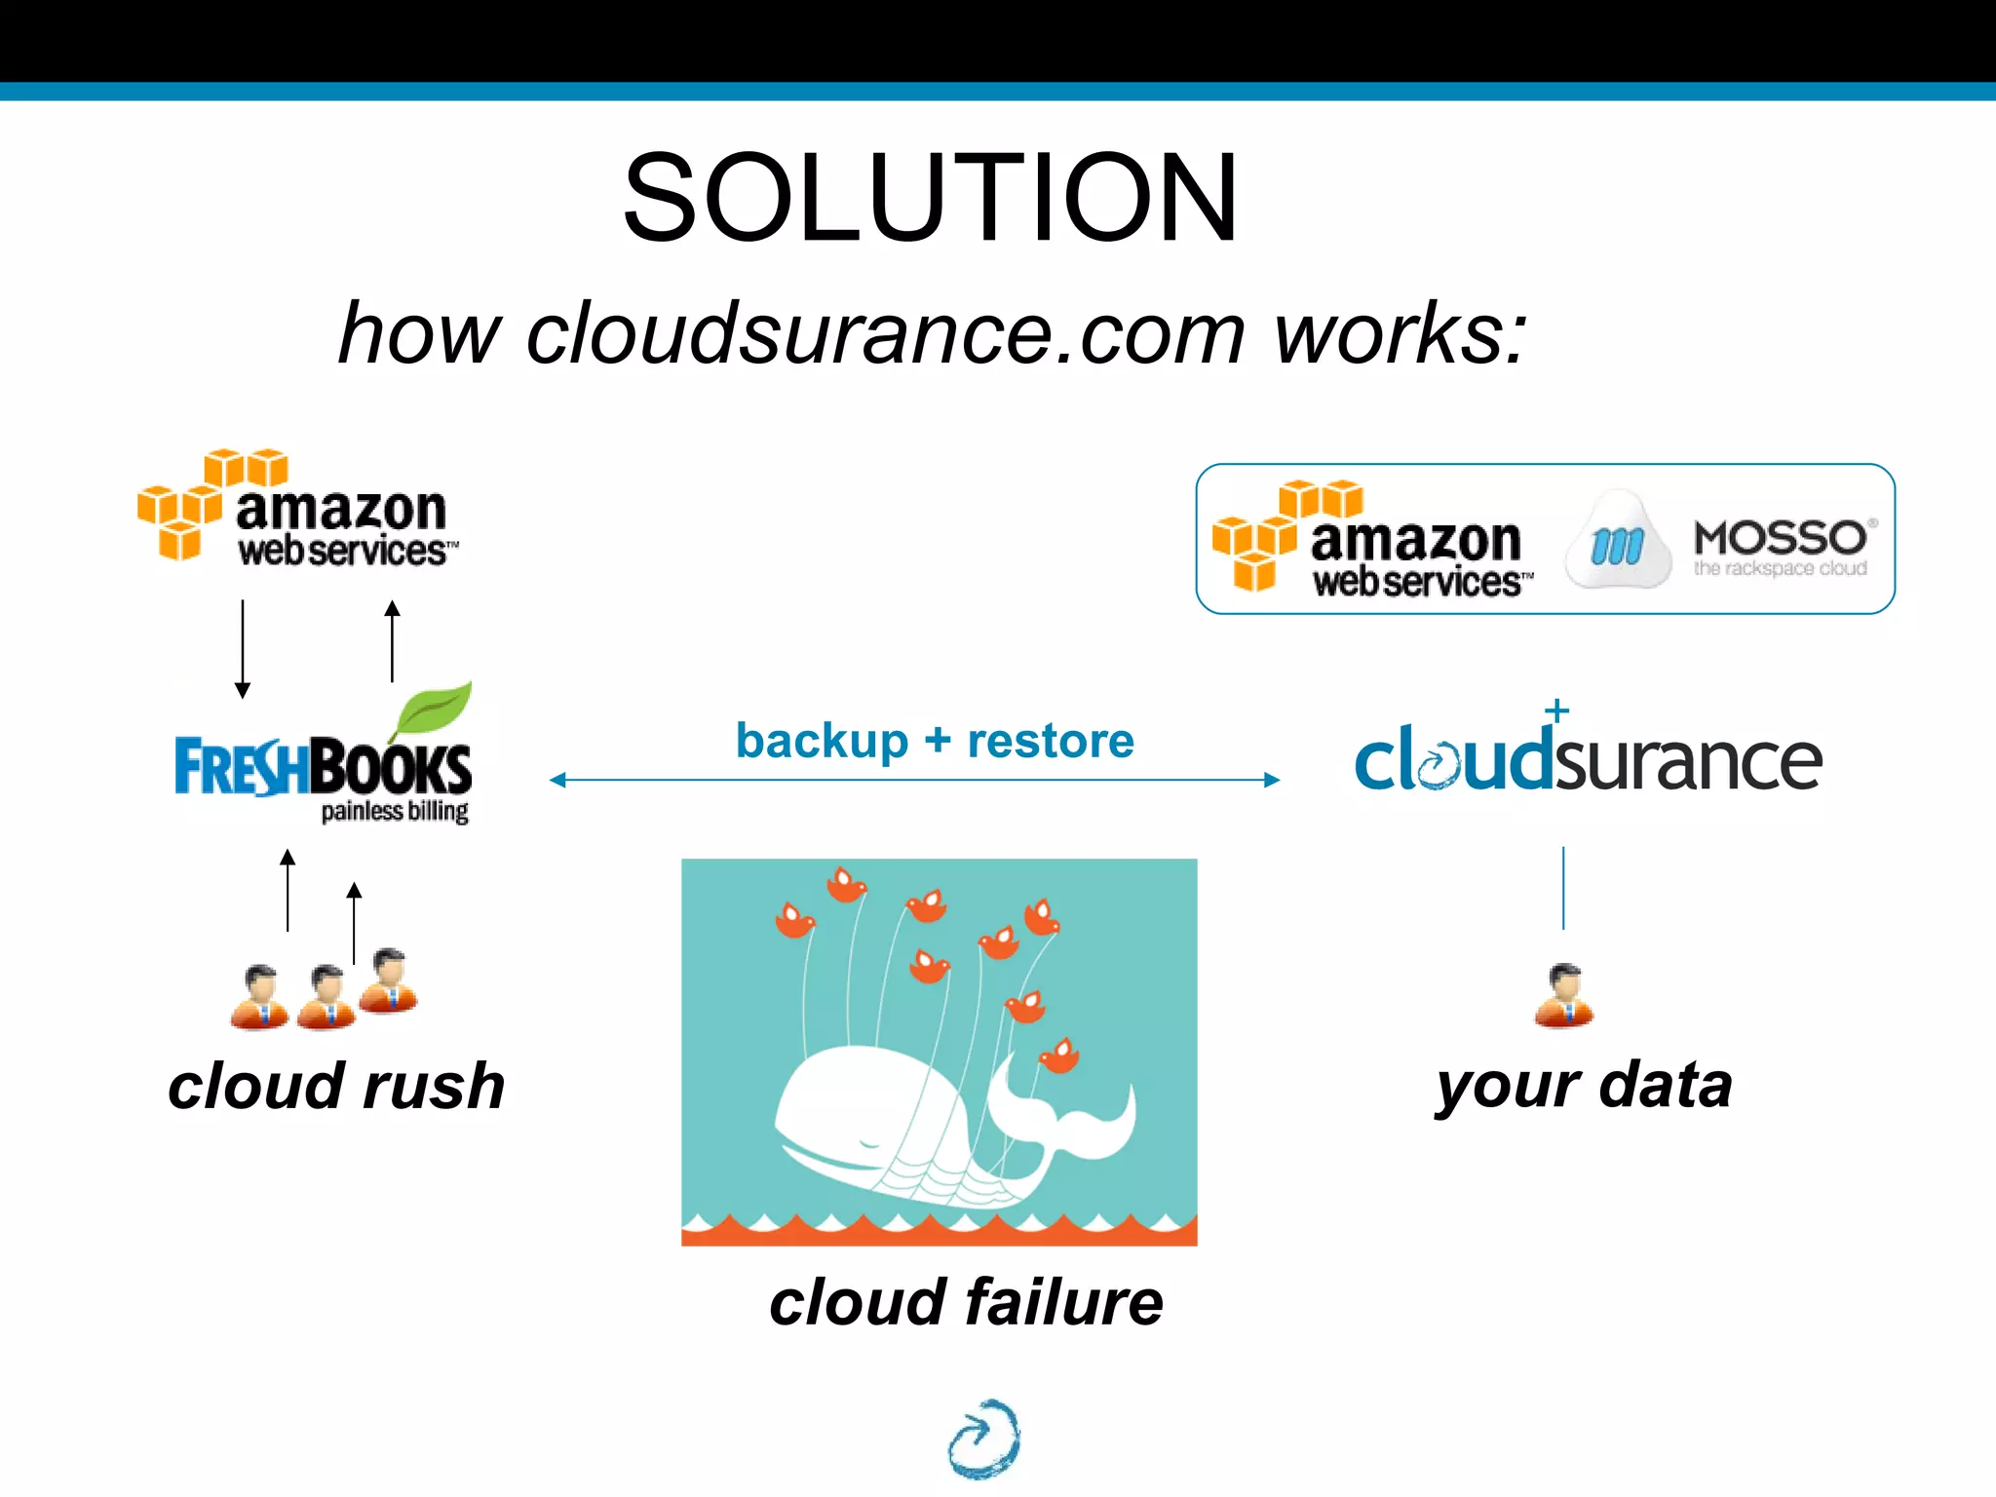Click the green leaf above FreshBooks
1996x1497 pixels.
[434, 710]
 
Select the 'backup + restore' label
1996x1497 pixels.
[935, 741]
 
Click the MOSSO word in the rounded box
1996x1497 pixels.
[1780, 538]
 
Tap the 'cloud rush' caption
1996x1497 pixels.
[336, 1086]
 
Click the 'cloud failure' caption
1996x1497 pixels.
[966, 1302]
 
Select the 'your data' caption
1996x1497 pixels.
[1584, 1086]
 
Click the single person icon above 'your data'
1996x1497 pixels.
[1564, 996]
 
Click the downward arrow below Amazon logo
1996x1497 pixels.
[243, 649]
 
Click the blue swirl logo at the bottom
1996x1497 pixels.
[984, 1438]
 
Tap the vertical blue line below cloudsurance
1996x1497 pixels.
[1563, 887]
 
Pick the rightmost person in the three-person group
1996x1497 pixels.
[389, 980]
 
